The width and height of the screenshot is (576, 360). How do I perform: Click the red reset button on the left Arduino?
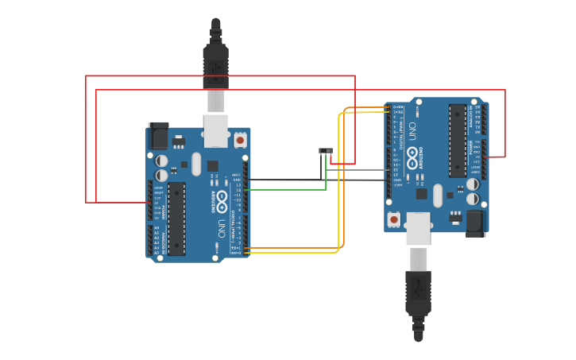(240, 140)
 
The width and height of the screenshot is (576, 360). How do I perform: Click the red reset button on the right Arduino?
(394, 219)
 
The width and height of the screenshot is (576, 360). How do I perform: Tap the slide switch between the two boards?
(326, 150)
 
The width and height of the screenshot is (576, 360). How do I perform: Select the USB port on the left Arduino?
(215, 131)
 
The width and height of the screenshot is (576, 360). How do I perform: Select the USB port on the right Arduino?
(418, 228)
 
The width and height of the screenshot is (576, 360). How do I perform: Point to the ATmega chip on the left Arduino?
(176, 219)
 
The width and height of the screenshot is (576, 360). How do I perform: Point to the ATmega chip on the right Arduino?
(458, 141)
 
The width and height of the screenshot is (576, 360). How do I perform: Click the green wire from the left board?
(286, 190)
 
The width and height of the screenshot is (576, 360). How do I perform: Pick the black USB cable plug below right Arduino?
(418, 294)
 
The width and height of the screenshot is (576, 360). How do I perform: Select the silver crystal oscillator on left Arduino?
(196, 164)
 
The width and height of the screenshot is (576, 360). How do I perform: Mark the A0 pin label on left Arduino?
(156, 228)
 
